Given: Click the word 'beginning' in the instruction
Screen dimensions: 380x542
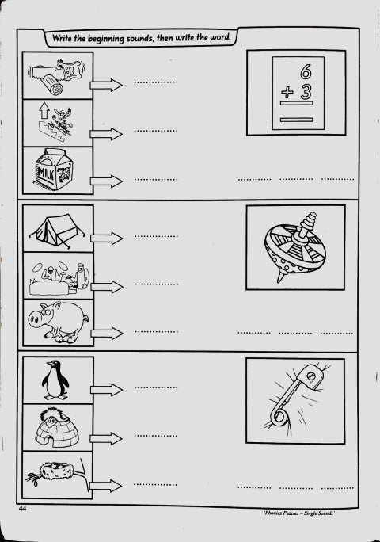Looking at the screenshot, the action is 105,38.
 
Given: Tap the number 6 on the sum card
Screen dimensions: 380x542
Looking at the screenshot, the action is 306,71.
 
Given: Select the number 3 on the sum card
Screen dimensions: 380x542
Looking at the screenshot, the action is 306,92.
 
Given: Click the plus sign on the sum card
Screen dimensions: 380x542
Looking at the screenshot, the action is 287,92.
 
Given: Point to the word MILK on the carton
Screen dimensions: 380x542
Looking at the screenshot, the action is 46,173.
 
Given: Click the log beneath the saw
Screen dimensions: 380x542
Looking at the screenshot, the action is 54,86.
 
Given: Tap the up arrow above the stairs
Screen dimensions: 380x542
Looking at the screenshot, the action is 44,111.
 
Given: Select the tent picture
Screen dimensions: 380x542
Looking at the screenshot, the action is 57,230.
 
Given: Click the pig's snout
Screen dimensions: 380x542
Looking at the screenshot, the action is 33,320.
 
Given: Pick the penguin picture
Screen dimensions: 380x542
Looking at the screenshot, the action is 55,380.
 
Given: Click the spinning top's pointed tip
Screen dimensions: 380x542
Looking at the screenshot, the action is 279,280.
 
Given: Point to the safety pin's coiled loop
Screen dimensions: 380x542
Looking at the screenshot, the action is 278,417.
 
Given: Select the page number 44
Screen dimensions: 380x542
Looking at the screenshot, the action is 23,508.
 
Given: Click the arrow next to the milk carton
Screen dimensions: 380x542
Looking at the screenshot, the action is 106,181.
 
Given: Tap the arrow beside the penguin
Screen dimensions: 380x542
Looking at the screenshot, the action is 106,390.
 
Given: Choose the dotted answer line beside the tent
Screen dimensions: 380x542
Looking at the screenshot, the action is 157,236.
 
